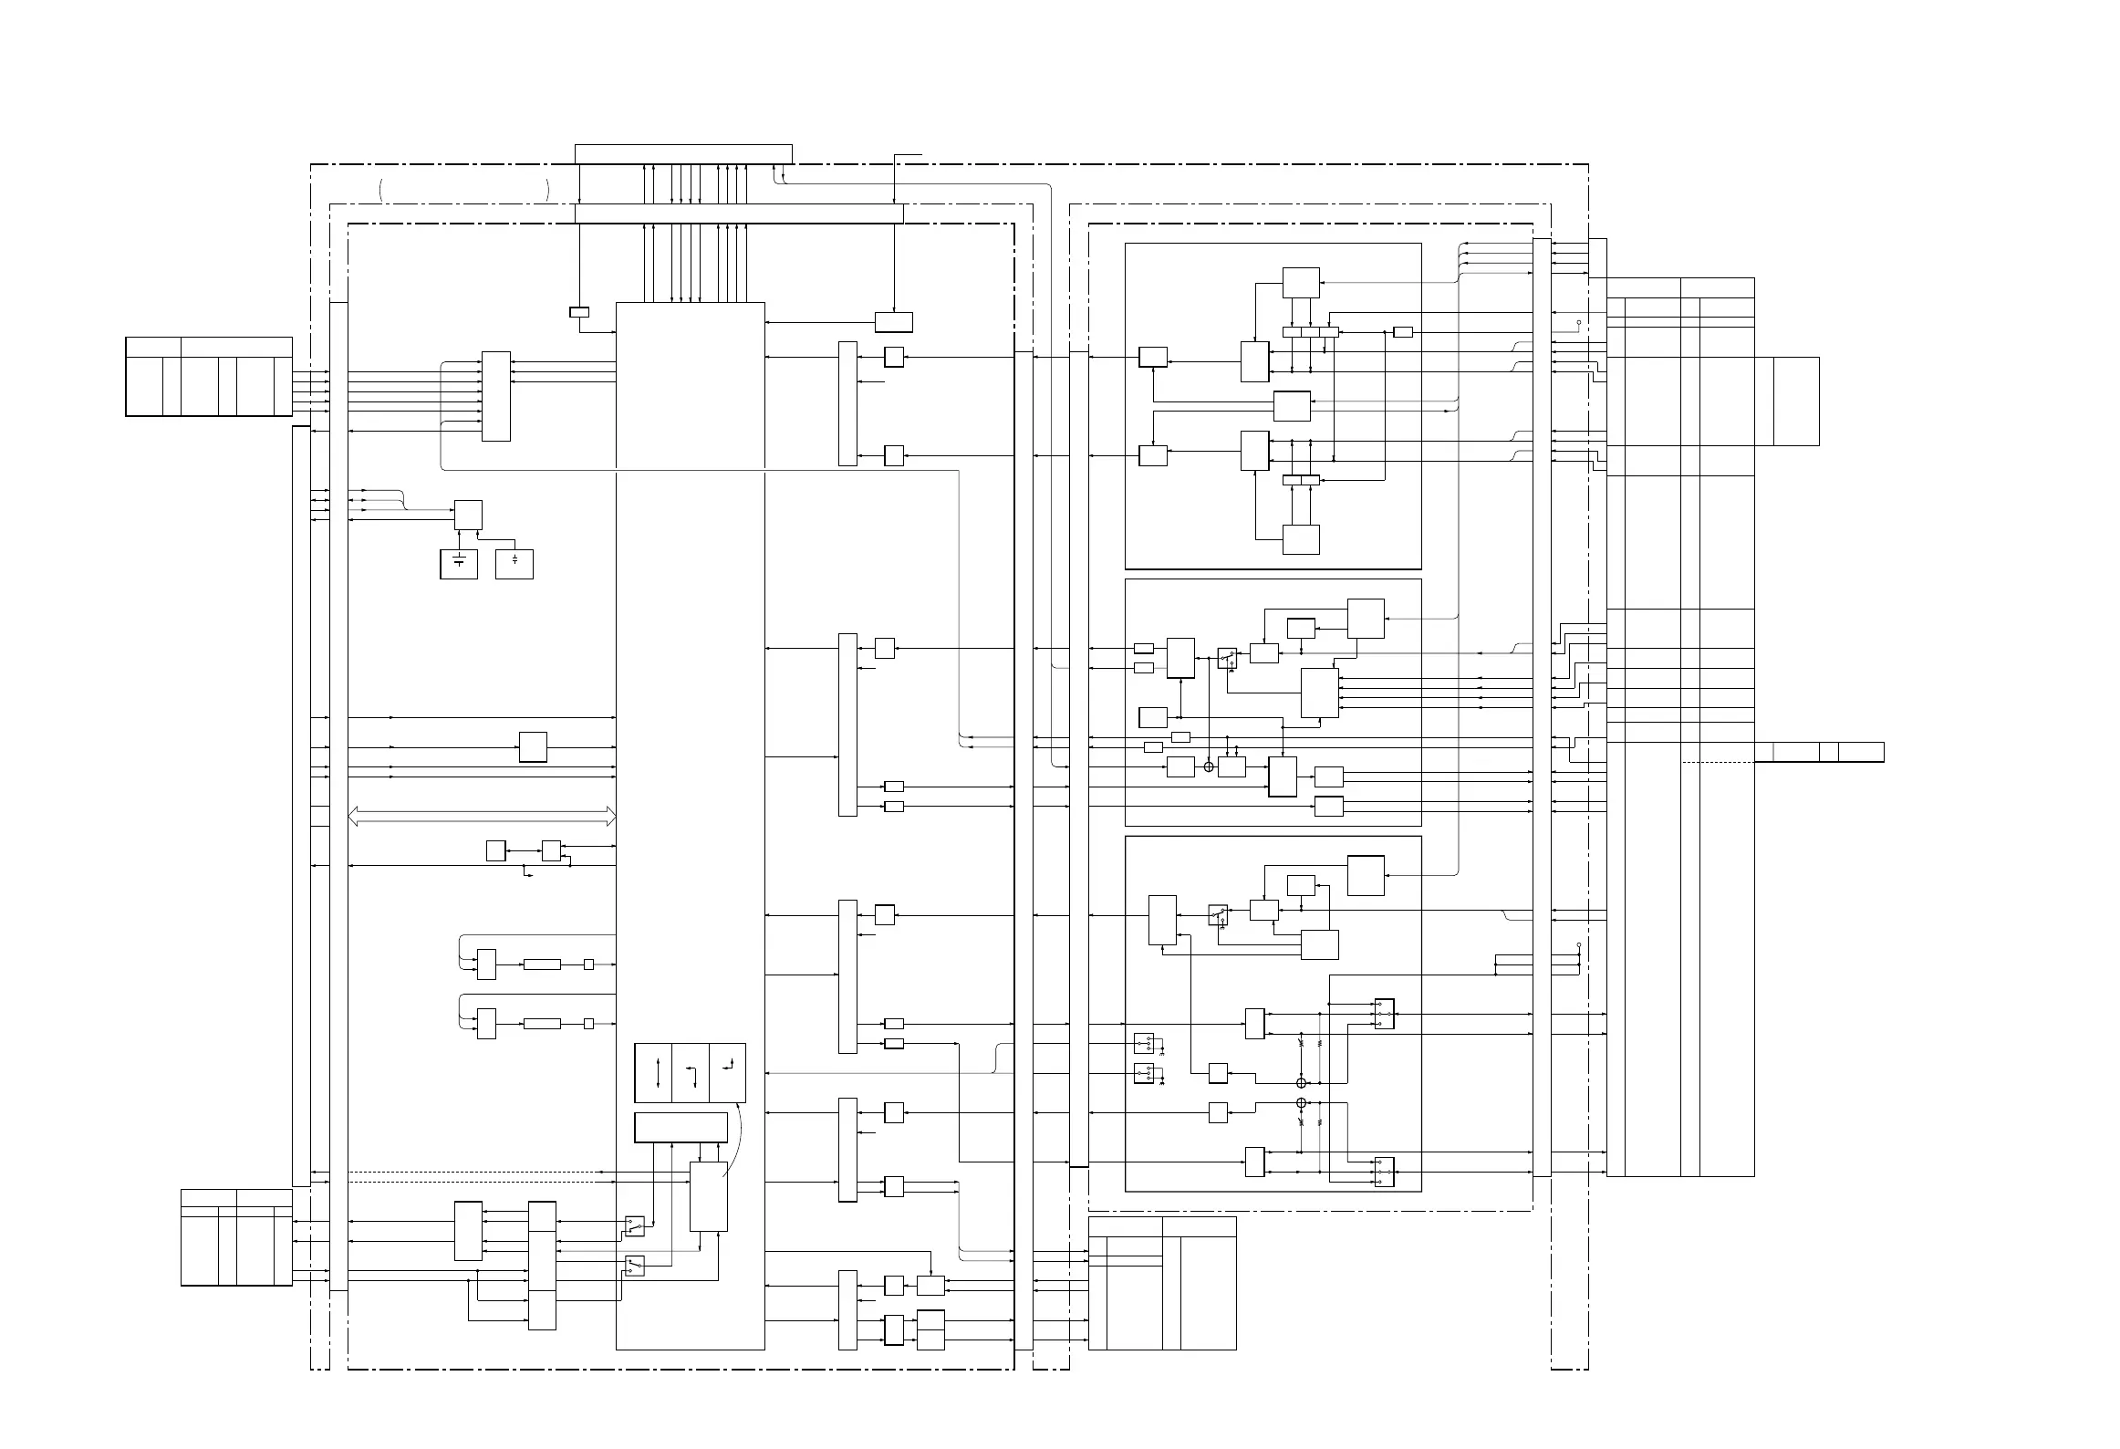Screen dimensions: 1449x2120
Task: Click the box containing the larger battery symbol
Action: [x=458, y=564]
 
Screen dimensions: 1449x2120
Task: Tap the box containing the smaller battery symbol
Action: [x=514, y=564]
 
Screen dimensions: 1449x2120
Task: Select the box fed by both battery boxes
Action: [x=468, y=515]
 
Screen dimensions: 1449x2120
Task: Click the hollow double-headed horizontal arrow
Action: [x=483, y=817]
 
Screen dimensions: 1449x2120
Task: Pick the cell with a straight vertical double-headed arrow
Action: [x=653, y=1072]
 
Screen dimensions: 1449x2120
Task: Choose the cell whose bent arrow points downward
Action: [x=691, y=1072]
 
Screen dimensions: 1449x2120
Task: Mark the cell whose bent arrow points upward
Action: [x=727, y=1072]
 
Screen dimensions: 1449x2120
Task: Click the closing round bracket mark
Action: [x=547, y=190]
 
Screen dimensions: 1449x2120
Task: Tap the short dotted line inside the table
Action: [x=1718, y=762]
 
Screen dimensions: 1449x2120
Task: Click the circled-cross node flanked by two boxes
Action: [x=1209, y=766]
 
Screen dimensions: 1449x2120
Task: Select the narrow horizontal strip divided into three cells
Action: [x=1310, y=332]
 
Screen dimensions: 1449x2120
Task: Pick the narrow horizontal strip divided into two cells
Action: [x=1301, y=481]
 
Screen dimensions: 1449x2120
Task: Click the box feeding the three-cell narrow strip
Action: [x=1301, y=283]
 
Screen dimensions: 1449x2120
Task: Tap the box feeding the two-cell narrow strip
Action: [x=1301, y=539]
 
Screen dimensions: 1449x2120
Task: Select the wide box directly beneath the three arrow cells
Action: [x=681, y=1127]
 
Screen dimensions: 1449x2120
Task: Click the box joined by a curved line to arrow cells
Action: [x=709, y=1196]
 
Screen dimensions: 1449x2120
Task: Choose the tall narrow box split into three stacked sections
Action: [x=542, y=1266]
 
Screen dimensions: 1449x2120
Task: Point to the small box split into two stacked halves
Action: [x=930, y=1329]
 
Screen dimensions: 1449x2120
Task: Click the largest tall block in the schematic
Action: [x=691, y=826]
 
